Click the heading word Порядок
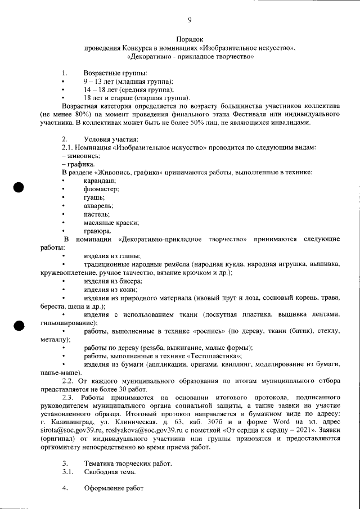click(190, 39)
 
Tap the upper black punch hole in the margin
click(19, 188)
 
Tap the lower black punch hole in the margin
click(19, 326)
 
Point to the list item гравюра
click(97, 231)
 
